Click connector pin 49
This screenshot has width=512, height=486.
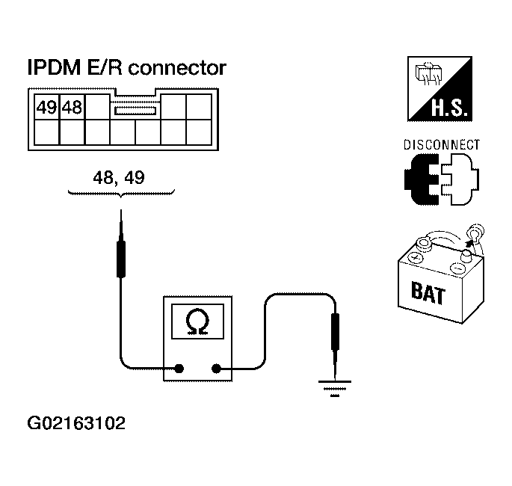(47, 107)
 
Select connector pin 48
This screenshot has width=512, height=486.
(72, 107)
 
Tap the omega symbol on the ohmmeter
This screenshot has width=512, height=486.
(198, 322)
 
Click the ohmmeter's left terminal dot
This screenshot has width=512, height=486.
(179, 368)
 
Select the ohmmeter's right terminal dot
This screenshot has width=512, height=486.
(217, 368)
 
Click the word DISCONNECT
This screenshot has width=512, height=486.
(441, 145)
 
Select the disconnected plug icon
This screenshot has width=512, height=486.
(441, 180)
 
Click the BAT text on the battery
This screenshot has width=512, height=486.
(428, 293)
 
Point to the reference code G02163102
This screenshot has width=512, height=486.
(76, 423)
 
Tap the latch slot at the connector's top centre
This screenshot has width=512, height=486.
(135, 110)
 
